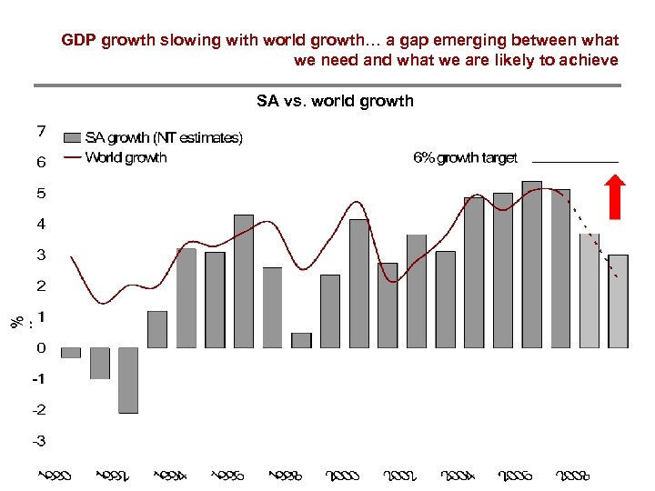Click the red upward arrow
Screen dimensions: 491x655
[x=615, y=197]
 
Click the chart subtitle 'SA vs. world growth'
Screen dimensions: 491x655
[x=335, y=101]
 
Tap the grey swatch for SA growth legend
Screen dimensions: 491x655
[x=73, y=138]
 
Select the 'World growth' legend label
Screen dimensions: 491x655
[x=126, y=157]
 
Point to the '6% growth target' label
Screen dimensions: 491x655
[x=465, y=157]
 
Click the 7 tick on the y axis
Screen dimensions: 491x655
[x=42, y=131]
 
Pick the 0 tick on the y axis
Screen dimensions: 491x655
[x=42, y=347]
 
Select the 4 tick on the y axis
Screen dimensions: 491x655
[x=42, y=224]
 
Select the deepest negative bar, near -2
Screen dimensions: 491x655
[x=128, y=380]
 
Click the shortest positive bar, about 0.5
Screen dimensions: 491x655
[x=301, y=340]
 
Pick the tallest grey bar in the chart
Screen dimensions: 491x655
[x=531, y=264]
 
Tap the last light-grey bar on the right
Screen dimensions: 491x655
[x=618, y=301]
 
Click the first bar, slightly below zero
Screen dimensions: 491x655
[x=71, y=353]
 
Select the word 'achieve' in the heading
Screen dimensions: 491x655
[x=589, y=60]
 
